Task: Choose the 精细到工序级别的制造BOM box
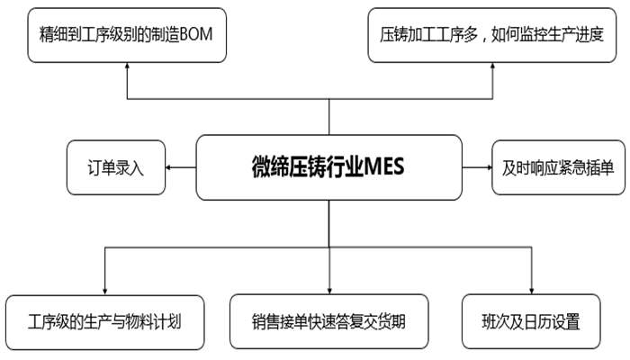(x=126, y=35)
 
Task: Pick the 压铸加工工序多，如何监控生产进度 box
(x=496, y=35)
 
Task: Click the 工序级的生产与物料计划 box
(x=105, y=319)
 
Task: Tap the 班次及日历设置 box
(x=530, y=319)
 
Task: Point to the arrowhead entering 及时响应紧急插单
(x=485, y=168)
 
